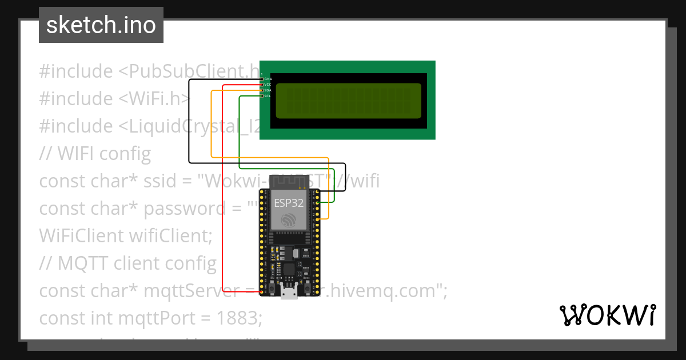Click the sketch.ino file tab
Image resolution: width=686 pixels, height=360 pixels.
click(x=101, y=25)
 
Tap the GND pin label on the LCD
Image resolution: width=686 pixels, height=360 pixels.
click(x=268, y=79)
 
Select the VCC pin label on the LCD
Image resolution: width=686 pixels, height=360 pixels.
click(x=268, y=85)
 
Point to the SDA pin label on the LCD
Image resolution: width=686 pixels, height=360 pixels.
click(x=268, y=90)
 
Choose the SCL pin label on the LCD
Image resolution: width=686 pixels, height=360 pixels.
click(x=268, y=96)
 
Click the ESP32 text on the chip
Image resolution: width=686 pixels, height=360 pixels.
click(x=289, y=202)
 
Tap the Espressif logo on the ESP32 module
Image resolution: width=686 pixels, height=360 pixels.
click(x=289, y=219)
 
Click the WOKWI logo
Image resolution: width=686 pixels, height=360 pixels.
click(x=607, y=315)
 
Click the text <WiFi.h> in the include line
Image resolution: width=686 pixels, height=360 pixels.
click(x=154, y=99)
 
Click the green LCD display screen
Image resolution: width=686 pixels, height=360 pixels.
click(x=349, y=101)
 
